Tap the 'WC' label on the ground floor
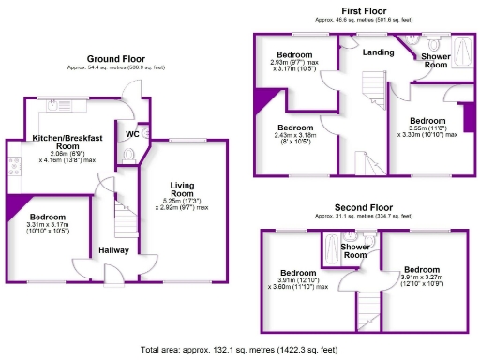click(x=132, y=134)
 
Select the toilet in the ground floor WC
click(x=129, y=156)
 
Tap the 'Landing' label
click(x=379, y=52)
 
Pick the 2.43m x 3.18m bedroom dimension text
click(x=294, y=139)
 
